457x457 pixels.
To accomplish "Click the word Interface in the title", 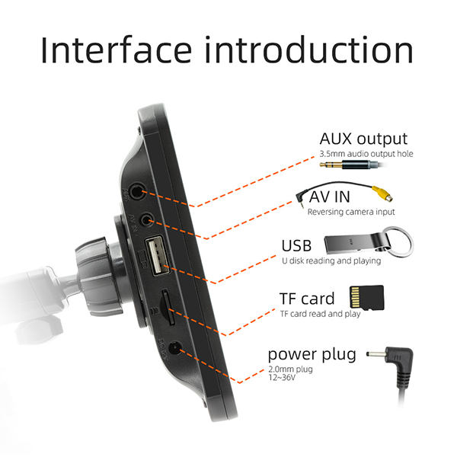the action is pos(117,50).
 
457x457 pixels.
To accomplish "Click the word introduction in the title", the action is pos(309,50).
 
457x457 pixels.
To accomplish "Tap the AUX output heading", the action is pos(363,139).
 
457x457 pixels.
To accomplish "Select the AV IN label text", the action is pos(329,197).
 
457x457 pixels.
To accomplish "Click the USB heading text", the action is pos(296,245).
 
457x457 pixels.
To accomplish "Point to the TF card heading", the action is pos(307,299).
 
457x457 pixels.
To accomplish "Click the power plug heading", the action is pos(312,355).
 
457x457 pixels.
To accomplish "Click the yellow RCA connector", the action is pos(382,193).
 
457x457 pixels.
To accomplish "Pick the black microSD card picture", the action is pos(366,297).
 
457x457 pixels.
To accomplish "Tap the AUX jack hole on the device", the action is pos(137,192).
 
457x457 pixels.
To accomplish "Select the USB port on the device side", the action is pos(158,256).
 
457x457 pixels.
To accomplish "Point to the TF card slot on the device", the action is pos(169,308).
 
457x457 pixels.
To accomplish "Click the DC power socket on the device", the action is pos(176,348).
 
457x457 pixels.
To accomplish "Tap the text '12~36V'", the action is pos(282,378).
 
